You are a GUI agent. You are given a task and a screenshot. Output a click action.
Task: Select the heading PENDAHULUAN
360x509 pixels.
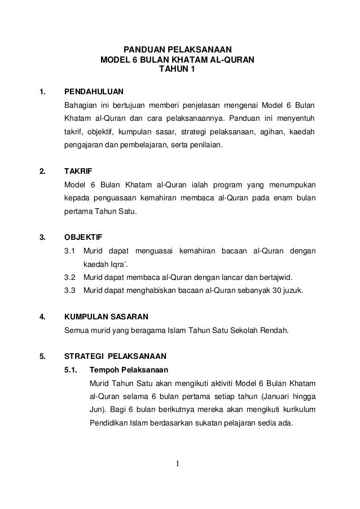94,91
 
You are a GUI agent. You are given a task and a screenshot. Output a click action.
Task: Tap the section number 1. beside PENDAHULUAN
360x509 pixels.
41,91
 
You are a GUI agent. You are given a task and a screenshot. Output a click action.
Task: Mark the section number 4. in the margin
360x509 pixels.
41,317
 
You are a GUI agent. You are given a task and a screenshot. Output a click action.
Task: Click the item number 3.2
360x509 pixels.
70,277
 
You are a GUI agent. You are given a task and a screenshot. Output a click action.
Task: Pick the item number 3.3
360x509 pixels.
70,291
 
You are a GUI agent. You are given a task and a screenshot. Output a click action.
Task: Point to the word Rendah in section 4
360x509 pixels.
275,330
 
